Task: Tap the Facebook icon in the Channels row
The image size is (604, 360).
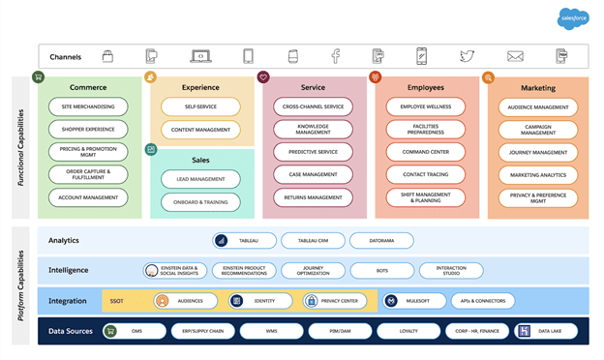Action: tap(335, 56)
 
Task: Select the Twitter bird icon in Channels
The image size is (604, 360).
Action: tap(468, 56)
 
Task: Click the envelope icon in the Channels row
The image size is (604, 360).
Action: tap(515, 56)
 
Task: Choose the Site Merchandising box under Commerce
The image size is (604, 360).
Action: tap(88, 105)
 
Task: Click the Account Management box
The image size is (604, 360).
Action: tap(88, 197)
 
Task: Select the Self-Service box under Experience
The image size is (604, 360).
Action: tap(200, 106)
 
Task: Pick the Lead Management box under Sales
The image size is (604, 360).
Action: tap(200, 178)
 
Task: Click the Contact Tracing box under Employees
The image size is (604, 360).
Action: tap(426, 174)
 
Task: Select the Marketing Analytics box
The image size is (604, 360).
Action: tap(538, 175)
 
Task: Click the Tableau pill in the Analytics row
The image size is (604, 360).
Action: tap(245, 240)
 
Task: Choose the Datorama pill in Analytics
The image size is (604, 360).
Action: tap(379, 240)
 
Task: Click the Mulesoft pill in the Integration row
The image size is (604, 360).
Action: tap(413, 301)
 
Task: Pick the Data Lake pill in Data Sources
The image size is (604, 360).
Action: tap(546, 331)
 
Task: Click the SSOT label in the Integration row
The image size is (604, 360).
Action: tap(117, 301)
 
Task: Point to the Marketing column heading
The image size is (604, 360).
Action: tap(538, 88)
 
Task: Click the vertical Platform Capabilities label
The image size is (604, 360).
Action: tap(20, 285)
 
